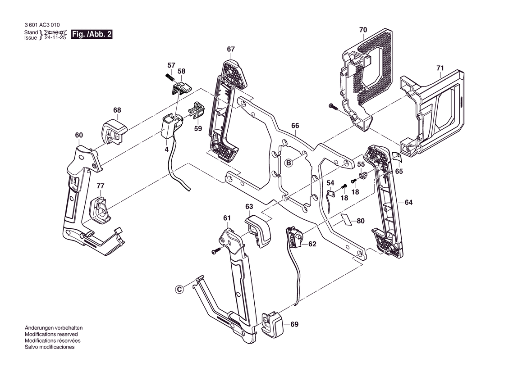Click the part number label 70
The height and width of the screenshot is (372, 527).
(363, 30)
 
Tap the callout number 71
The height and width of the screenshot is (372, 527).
(440, 68)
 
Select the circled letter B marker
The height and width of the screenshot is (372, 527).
(289, 163)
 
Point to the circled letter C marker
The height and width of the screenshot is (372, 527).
(179, 289)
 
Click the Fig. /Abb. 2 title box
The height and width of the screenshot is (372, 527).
(92, 35)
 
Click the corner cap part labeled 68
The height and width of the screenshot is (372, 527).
(115, 131)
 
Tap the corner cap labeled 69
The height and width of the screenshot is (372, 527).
(272, 323)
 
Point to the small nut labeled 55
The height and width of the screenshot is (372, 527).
(362, 175)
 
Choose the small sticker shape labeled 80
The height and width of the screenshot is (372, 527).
(346, 220)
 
